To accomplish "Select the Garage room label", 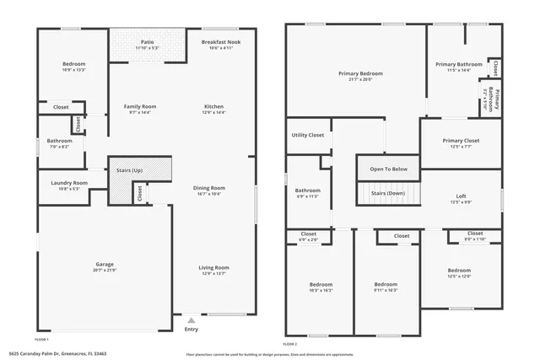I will [x=105, y=263].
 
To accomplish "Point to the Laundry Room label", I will [x=68, y=183].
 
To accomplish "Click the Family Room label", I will [x=140, y=106].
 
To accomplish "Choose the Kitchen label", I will [x=213, y=106].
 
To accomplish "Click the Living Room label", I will [x=214, y=267].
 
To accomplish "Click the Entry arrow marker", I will [x=192, y=320].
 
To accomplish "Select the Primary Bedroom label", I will [x=360, y=74].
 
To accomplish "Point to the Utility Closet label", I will [x=308, y=135].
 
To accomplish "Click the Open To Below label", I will [x=389, y=169].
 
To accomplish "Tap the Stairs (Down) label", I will [x=389, y=193].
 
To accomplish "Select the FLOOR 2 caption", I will [x=290, y=344].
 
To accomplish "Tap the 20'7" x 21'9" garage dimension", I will [x=105, y=270].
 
